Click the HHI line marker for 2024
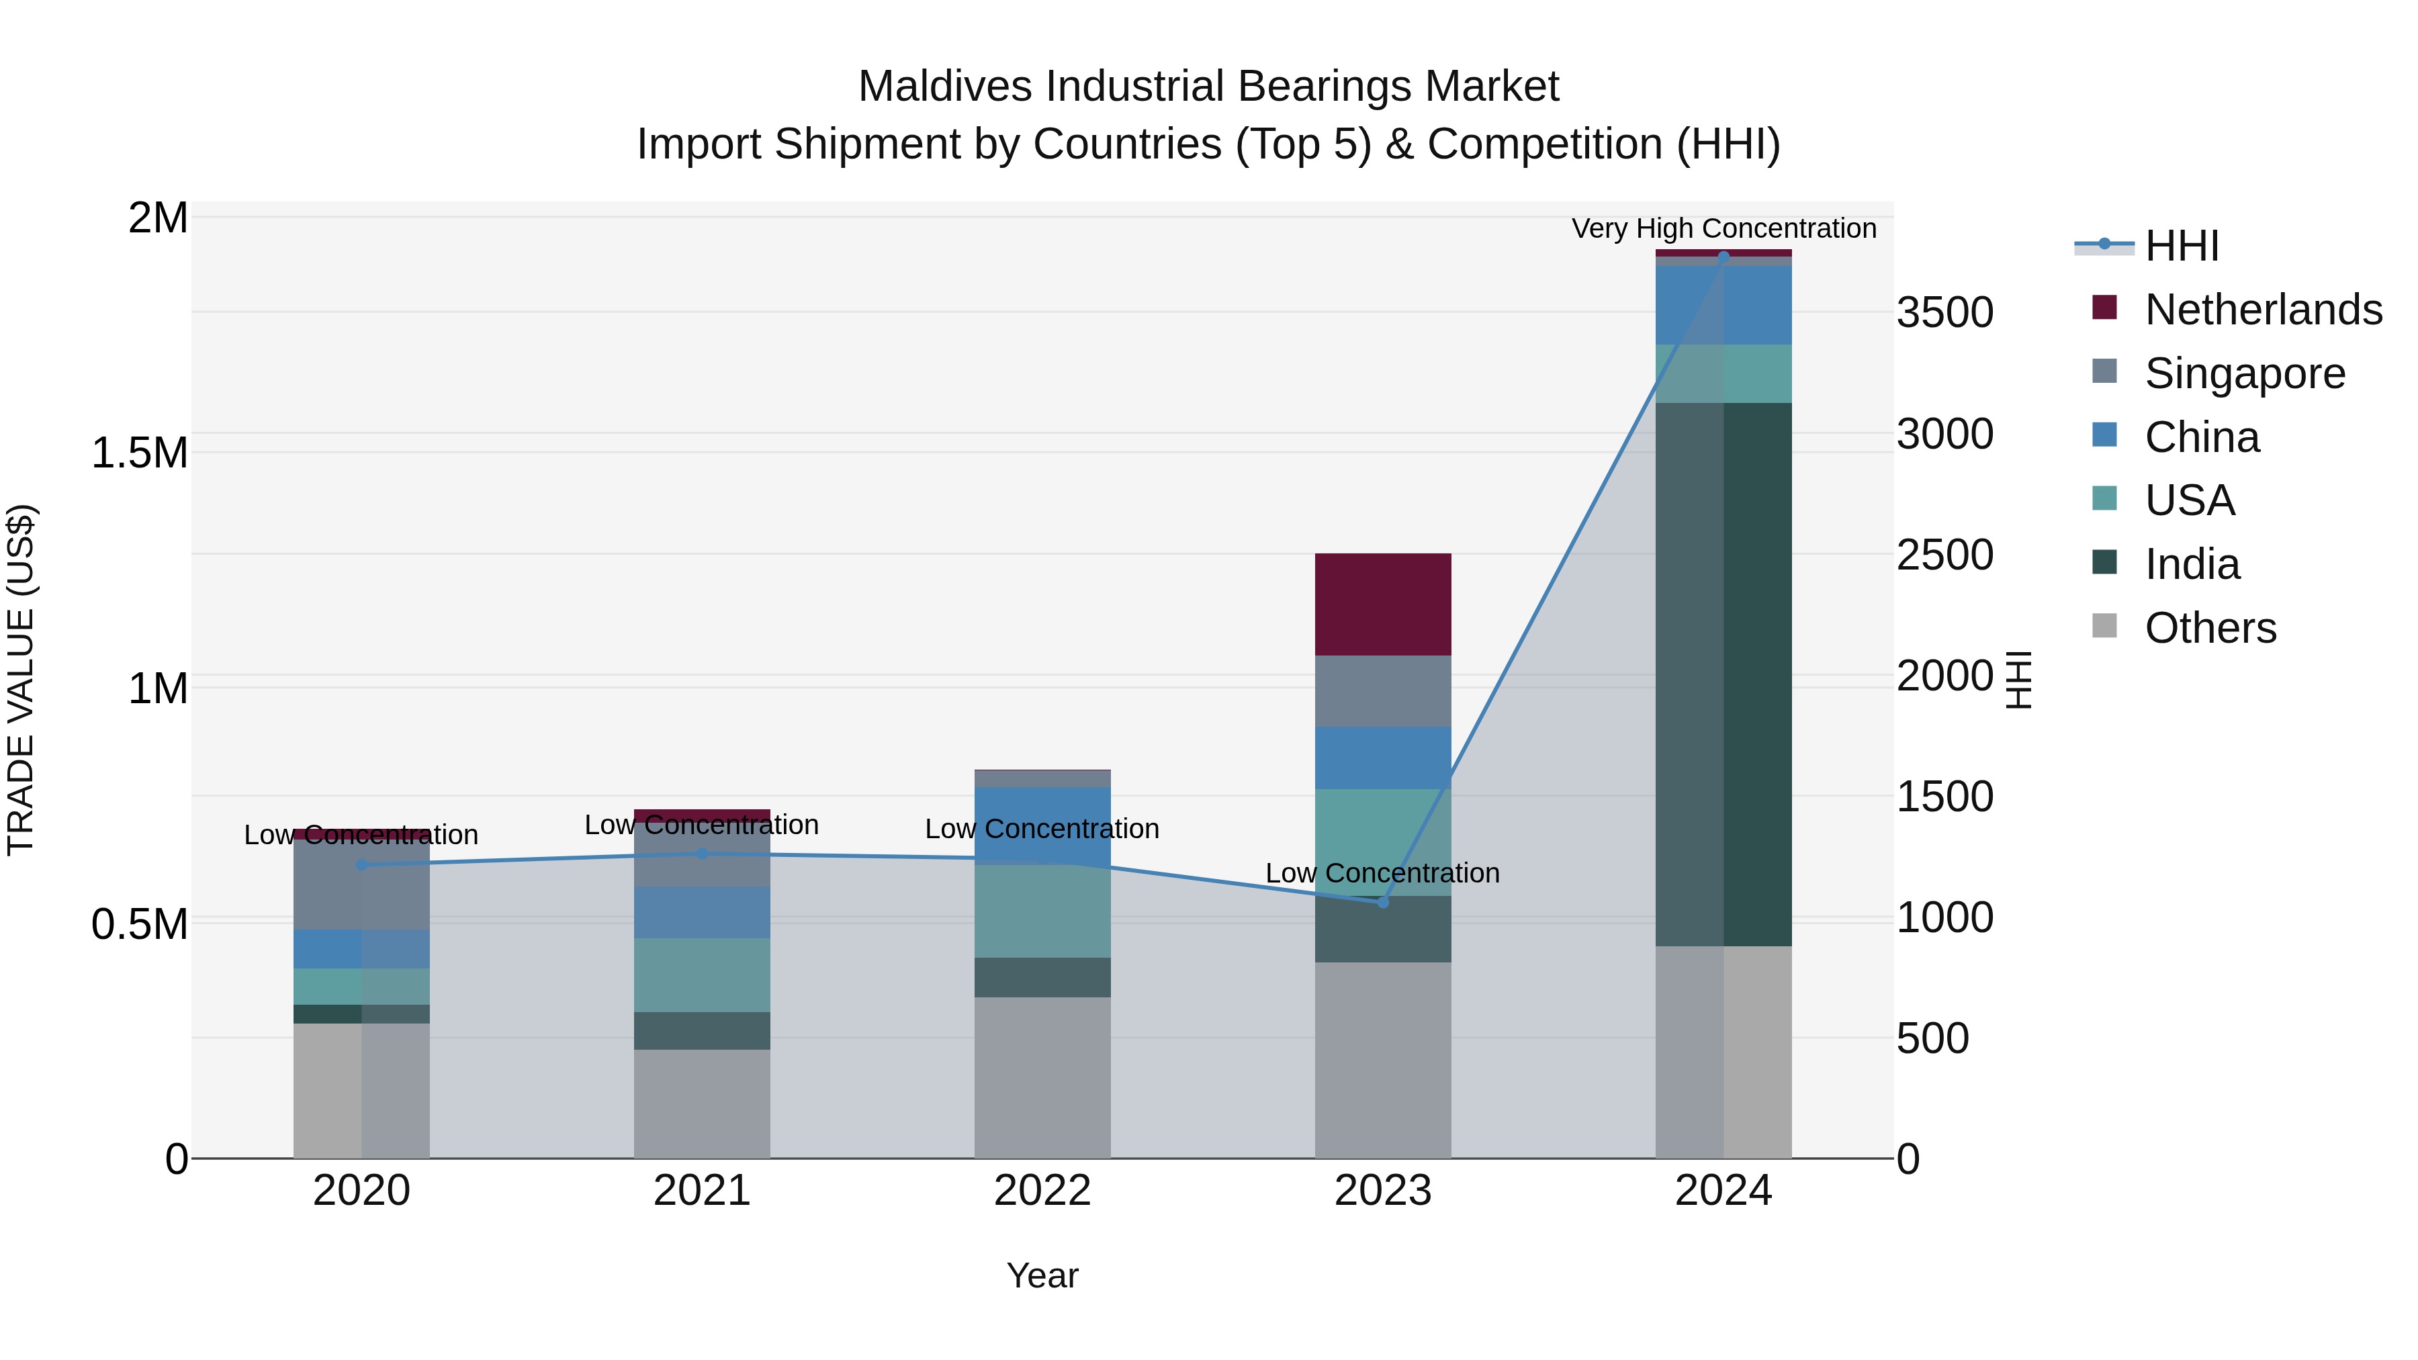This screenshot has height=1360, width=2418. [1723, 257]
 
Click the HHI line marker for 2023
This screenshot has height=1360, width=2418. [1383, 902]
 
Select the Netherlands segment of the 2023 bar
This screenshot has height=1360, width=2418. [1383, 604]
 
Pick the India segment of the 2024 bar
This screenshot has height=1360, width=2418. [1723, 674]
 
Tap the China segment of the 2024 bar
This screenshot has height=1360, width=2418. [1723, 305]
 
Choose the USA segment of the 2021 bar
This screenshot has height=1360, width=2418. [702, 975]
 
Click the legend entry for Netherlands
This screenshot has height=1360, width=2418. [2263, 310]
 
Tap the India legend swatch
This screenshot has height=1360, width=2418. [2106, 564]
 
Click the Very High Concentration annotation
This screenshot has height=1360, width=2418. [1723, 228]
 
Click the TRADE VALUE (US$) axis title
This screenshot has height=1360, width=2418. [21, 680]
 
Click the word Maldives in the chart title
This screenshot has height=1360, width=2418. [946, 87]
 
